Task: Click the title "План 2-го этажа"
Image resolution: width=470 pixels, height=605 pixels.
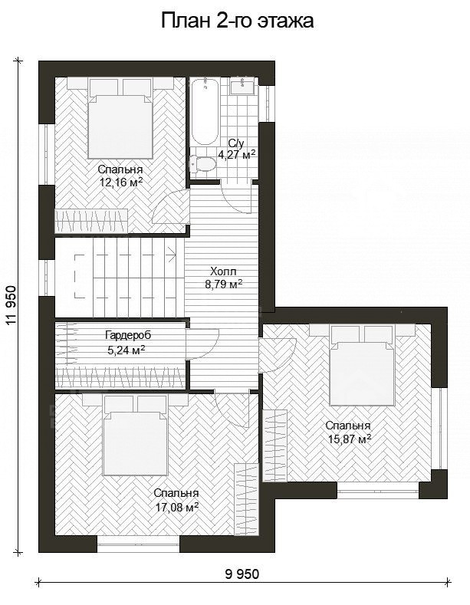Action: coord(237,21)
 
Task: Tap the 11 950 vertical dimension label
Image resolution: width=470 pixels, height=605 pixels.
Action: coord(12,305)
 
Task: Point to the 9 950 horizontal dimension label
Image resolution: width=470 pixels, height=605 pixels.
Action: coord(242,574)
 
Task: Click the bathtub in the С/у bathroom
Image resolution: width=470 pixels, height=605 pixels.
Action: coord(205,111)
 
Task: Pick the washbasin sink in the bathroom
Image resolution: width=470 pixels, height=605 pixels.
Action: coord(242,86)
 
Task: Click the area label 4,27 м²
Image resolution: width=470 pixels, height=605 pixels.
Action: coord(237,155)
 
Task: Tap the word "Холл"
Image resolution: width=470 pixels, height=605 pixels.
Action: coord(223,271)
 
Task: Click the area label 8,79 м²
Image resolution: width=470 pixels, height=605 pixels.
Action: coord(223,284)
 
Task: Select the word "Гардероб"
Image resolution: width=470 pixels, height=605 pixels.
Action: coord(128,335)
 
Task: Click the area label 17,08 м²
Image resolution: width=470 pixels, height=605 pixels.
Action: coord(177,507)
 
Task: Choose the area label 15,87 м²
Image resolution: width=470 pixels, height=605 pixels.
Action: coord(350,439)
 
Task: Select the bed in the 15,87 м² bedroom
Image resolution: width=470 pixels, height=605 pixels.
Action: coord(362,366)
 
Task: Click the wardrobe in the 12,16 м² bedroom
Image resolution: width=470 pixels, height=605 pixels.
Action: coord(91,221)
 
